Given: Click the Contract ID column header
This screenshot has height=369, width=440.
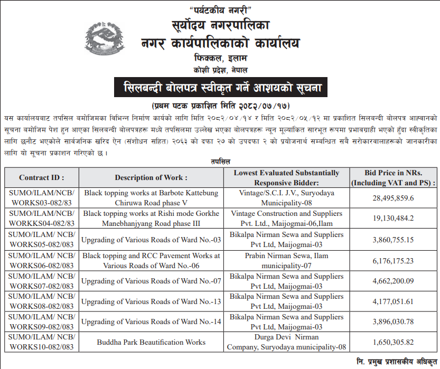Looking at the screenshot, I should pyautogui.click(x=42, y=178).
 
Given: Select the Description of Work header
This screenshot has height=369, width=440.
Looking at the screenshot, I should pyautogui.click(x=151, y=178).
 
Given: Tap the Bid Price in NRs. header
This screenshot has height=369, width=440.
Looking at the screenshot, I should pyautogui.click(x=393, y=178).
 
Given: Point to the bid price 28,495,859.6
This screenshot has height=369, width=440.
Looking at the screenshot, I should pyautogui.click(x=393, y=198).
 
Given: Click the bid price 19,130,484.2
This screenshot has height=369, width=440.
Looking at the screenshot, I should pyautogui.click(x=393, y=219).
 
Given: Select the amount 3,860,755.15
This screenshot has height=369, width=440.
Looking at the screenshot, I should pyautogui.click(x=393, y=239).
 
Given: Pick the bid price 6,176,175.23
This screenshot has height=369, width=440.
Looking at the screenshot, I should pyautogui.click(x=393, y=260).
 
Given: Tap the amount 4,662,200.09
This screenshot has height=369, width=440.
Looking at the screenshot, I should pyautogui.click(x=393, y=281).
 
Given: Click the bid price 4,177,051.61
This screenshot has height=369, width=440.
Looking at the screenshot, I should pyautogui.click(x=393, y=301).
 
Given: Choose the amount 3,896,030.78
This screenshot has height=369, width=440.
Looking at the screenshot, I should pyautogui.click(x=393, y=322).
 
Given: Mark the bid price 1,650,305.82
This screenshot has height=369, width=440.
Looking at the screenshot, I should pyautogui.click(x=393, y=342).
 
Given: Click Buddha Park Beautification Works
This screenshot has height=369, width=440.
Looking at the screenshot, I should pyautogui.click(x=151, y=342).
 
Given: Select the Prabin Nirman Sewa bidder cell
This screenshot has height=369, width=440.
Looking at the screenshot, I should pyautogui.click(x=287, y=260).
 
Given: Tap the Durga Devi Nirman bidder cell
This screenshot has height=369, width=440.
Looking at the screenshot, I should pyautogui.click(x=287, y=342).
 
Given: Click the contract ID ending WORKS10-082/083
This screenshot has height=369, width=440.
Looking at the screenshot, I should pyautogui.click(x=42, y=342).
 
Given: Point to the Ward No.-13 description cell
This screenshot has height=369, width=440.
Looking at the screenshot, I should pyautogui.click(x=151, y=301).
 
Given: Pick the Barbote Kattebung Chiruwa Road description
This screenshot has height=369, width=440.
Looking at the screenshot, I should pyautogui.click(x=151, y=198).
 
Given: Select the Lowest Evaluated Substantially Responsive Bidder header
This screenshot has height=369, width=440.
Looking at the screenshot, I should pyautogui.click(x=287, y=178).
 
